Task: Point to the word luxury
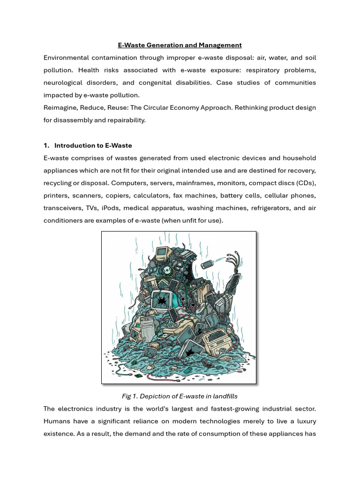(305, 421)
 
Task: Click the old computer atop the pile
(162, 255)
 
